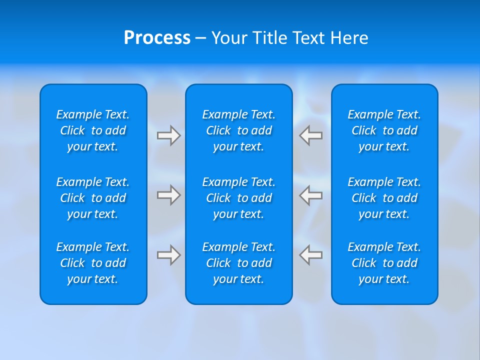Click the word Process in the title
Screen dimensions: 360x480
(x=157, y=38)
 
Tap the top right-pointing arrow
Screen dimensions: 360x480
(x=169, y=135)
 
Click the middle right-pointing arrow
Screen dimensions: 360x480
(x=169, y=194)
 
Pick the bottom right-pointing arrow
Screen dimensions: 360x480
(x=169, y=255)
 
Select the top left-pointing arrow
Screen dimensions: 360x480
(x=310, y=135)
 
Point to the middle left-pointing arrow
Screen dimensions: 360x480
(x=310, y=194)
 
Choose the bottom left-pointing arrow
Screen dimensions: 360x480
(x=310, y=255)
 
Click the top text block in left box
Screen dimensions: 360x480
(x=93, y=130)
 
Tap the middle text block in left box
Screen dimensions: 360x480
(x=93, y=198)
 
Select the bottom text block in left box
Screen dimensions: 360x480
(x=93, y=263)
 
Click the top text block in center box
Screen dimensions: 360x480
(x=239, y=130)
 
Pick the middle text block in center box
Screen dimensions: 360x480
(x=239, y=198)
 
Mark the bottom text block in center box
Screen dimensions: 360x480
(x=239, y=263)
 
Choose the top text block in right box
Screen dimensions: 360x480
(x=384, y=130)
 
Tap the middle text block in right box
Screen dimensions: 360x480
(x=384, y=198)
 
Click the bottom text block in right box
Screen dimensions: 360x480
(x=384, y=263)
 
